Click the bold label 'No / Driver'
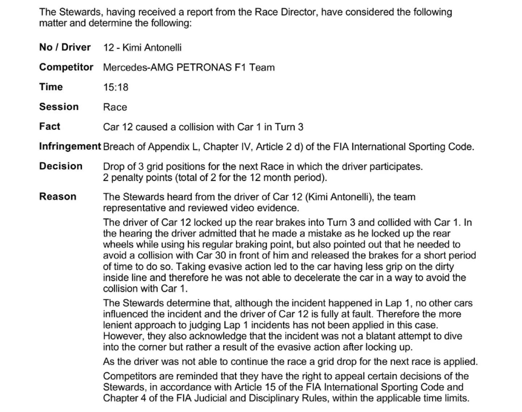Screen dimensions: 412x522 click(65, 47)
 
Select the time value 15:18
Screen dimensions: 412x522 click(116, 87)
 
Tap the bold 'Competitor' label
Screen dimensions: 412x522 click(66, 67)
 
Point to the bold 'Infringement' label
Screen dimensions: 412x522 click(70, 146)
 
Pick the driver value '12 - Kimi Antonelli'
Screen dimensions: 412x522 click(142, 48)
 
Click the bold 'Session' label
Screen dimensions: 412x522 click(59, 107)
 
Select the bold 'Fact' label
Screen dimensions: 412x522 click(50, 126)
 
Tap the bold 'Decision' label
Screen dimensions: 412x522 click(61, 166)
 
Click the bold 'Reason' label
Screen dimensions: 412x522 click(58, 196)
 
